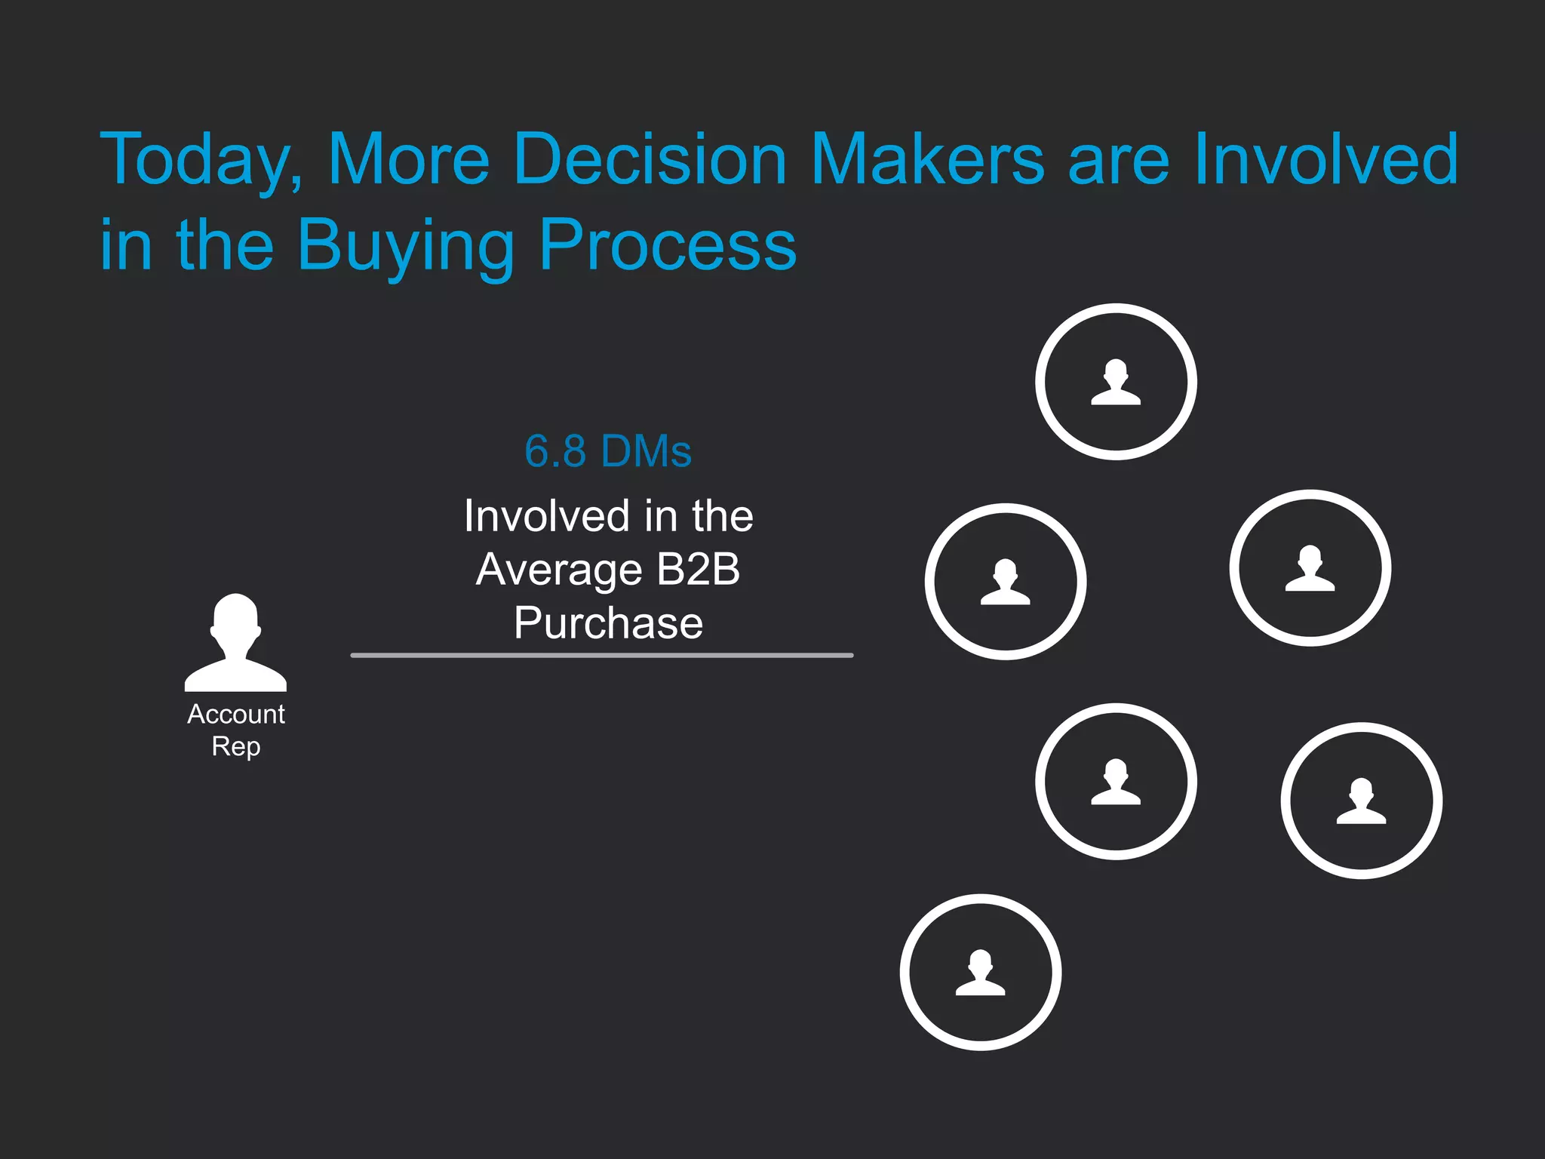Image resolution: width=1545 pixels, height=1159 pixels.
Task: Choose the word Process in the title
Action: point(668,244)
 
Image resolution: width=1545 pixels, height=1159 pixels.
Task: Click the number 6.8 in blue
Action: point(555,451)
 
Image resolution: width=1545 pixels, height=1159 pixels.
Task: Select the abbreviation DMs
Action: point(647,451)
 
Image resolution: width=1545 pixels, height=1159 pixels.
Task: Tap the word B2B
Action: point(698,569)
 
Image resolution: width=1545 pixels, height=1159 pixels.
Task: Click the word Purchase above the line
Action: point(608,623)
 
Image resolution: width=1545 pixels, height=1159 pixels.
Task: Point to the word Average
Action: point(559,570)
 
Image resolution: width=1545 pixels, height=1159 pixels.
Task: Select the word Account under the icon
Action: point(235,714)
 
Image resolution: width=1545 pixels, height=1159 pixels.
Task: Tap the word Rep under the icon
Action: point(235,746)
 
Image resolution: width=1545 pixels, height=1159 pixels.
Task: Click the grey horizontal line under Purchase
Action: point(601,655)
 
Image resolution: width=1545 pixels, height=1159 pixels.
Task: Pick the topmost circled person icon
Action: point(1116,382)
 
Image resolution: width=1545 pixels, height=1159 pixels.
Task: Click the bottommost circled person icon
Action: point(980,972)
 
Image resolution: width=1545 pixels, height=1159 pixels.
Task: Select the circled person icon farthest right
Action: point(1361,800)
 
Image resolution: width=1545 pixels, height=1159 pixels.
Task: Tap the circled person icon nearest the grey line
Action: point(1005,581)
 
